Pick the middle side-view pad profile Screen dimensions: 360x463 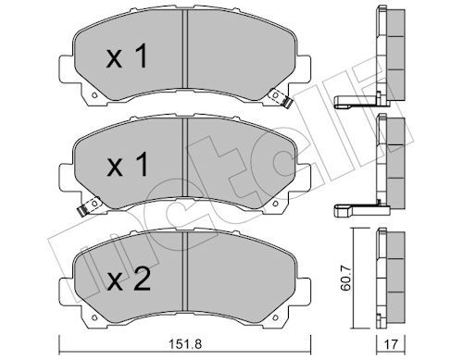pyautogui.click(x=394, y=162)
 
